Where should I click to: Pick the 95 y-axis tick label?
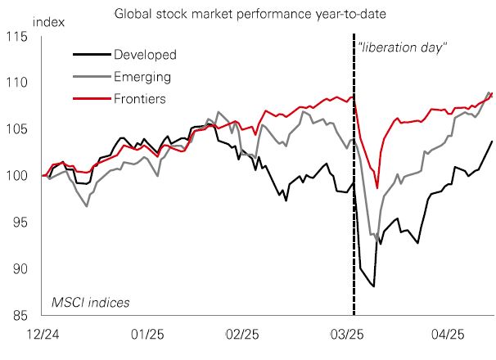coord(18,223)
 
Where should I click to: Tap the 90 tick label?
coord(18,269)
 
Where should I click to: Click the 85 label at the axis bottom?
coord(18,315)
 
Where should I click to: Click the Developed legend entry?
coord(146,55)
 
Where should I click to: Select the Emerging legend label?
coord(142,77)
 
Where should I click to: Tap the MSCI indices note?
coord(91,303)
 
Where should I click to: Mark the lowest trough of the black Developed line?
coord(373,286)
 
